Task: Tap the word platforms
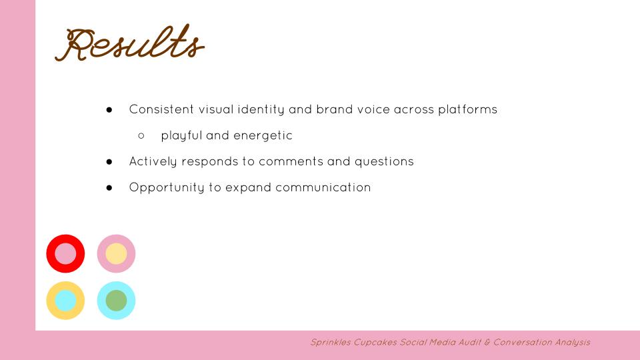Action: click(x=467, y=109)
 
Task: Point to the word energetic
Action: click(x=263, y=135)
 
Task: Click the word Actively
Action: click(x=152, y=161)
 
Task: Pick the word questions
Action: click(x=383, y=161)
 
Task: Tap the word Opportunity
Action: click(x=166, y=187)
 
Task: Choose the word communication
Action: click(x=323, y=187)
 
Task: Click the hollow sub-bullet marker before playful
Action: click(x=141, y=135)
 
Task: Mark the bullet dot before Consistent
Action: click(x=109, y=109)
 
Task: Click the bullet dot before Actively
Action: click(x=109, y=161)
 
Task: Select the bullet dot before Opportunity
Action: click(x=109, y=187)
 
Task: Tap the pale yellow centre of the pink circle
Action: click(x=116, y=254)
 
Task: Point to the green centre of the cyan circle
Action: click(x=116, y=301)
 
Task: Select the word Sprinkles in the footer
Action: click(x=329, y=343)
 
